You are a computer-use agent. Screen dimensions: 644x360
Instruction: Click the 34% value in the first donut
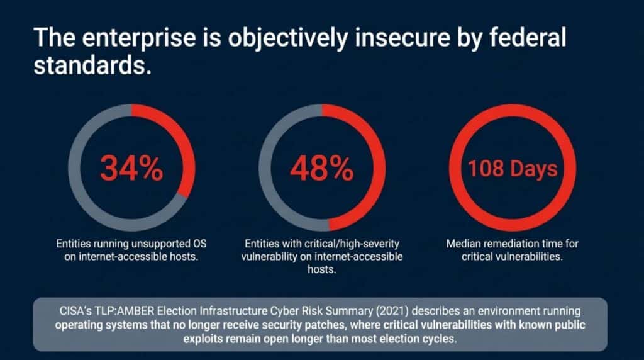(x=131, y=168)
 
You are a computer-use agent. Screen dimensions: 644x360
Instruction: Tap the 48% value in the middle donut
(x=322, y=168)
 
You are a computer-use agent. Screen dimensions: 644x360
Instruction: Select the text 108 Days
(x=513, y=169)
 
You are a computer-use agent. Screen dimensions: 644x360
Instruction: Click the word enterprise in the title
(x=139, y=38)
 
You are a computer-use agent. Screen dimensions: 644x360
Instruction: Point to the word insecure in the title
(x=402, y=37)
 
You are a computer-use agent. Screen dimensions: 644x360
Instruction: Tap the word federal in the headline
(x=528, y=37)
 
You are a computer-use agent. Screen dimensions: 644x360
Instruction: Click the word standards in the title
(x=89, y=65)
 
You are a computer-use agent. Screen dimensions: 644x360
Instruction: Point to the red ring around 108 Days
(x=513, y=111)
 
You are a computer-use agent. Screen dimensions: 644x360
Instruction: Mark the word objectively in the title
(x=288, y=38)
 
